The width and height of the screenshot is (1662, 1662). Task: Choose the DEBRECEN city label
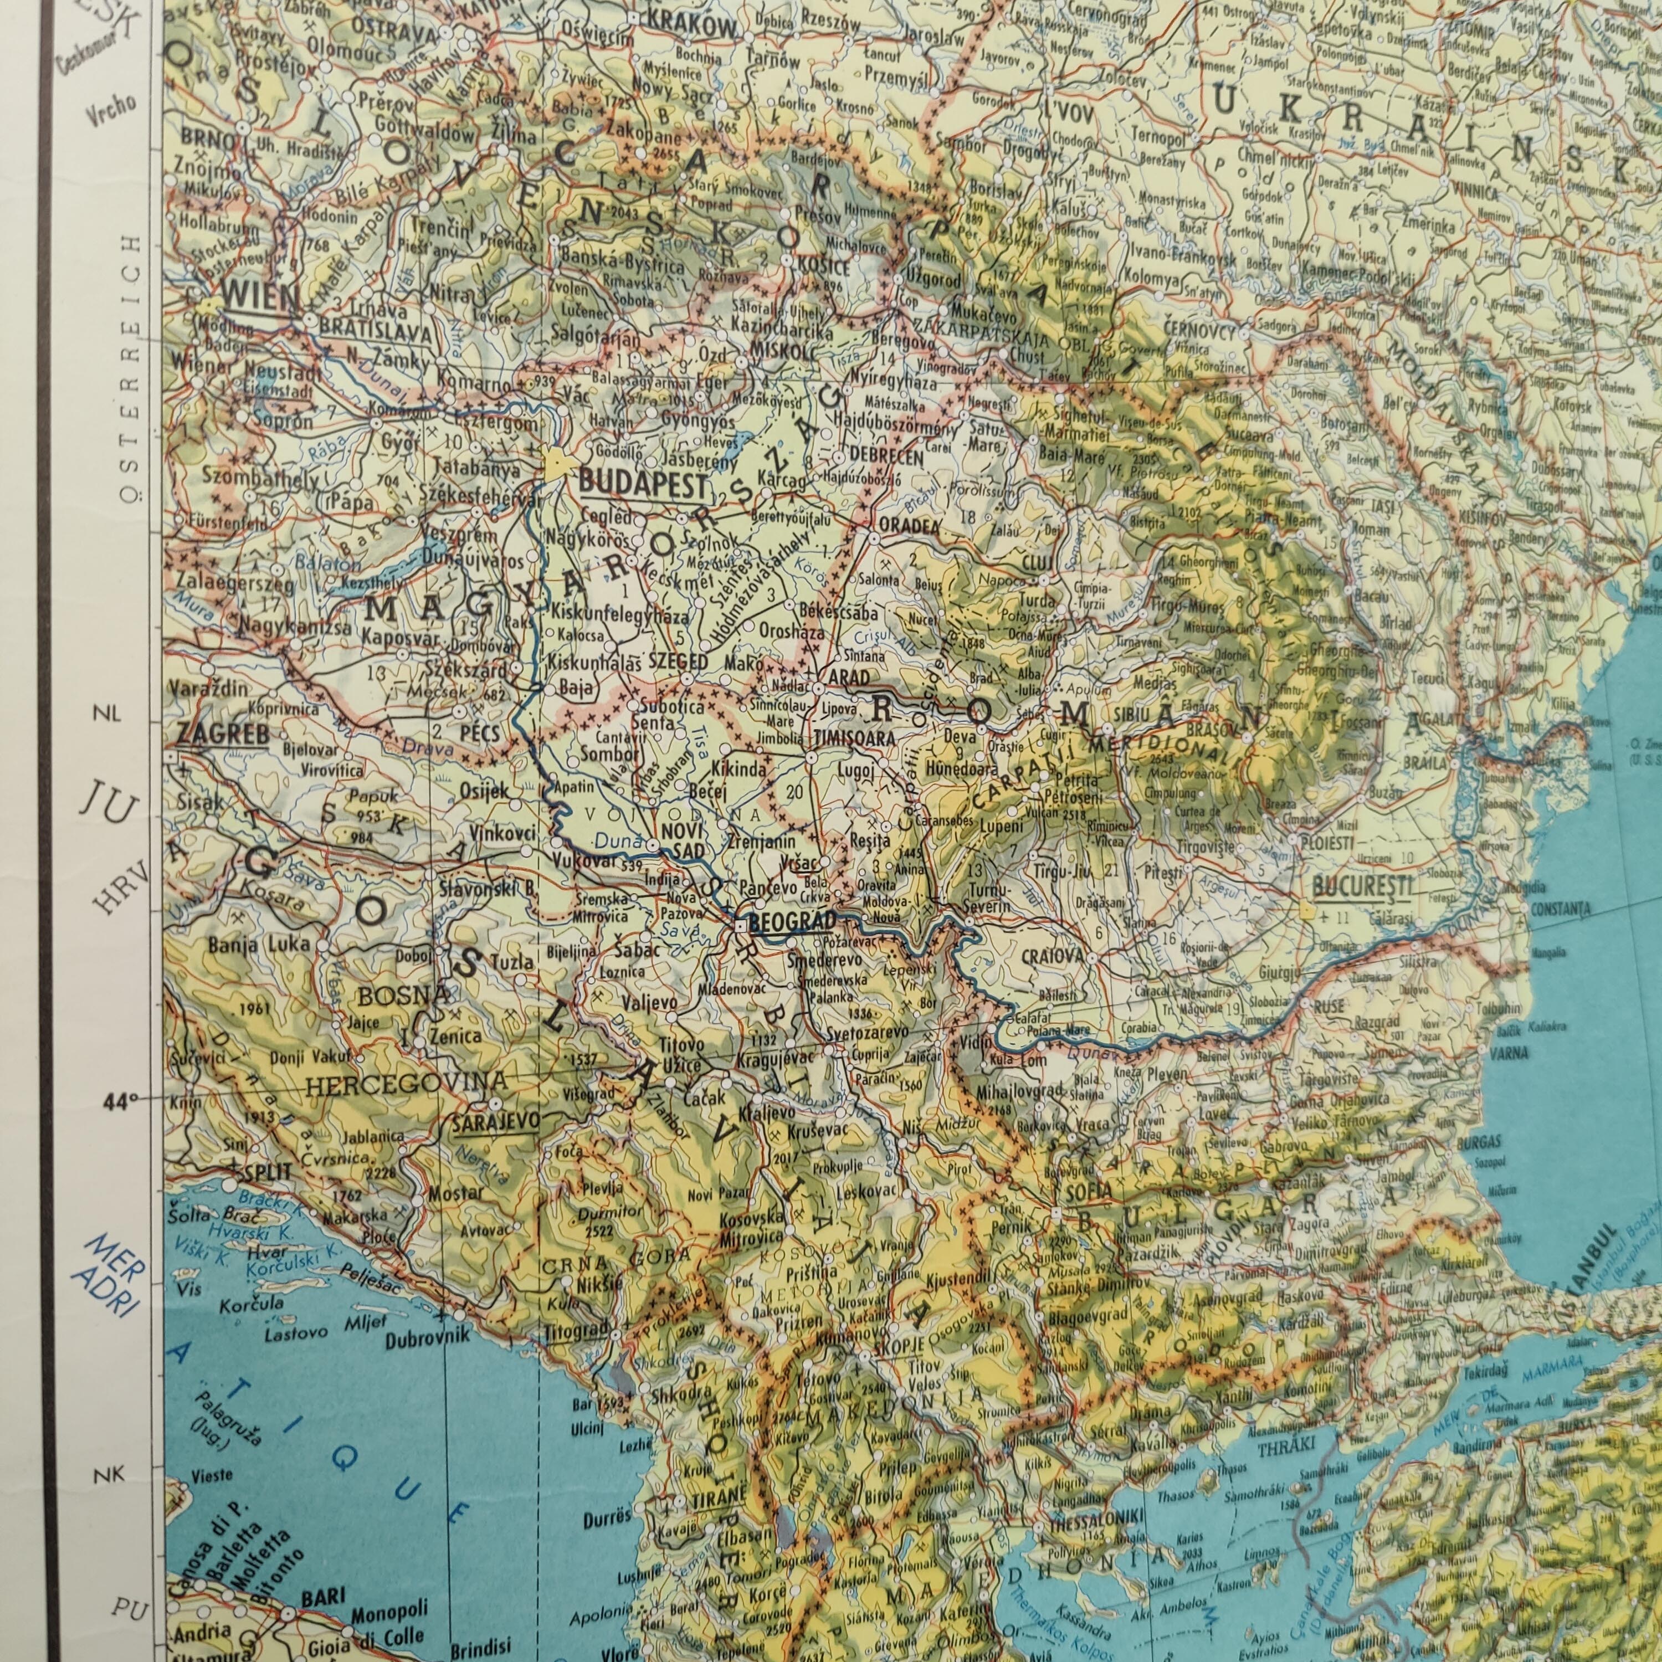[886, 457]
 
